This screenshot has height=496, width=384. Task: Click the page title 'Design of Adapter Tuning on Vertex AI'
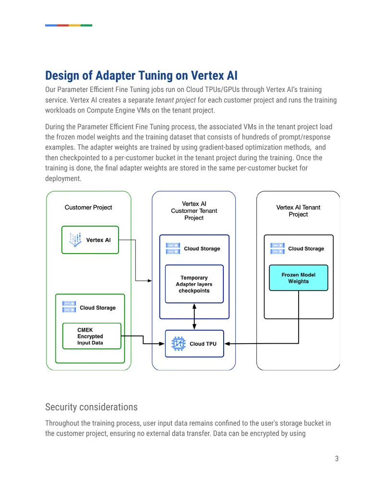[141, 76]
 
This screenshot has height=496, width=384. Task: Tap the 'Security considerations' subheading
[91, 407]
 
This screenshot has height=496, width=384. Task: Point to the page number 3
[337, 458]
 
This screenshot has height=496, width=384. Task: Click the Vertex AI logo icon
[75, 240]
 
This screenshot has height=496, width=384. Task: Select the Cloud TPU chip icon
[179, 344]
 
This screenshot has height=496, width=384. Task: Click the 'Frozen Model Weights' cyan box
[299, 278]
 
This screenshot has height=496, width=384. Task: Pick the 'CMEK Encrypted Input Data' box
[92, 336]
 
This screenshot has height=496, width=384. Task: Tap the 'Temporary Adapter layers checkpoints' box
[194, 284]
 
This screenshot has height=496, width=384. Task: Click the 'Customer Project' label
[88, 207]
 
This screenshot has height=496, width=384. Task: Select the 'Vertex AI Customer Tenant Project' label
[194, 211]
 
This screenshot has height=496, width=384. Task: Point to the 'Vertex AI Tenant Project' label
[298, 211]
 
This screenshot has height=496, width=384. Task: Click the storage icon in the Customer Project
[69, 307]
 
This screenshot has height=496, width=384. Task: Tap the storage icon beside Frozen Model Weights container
[277, 248]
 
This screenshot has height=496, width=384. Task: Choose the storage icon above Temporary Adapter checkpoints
[173, 248]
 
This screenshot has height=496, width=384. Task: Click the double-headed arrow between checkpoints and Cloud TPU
[194, 317]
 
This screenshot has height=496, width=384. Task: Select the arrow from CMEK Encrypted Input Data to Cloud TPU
[143, 340]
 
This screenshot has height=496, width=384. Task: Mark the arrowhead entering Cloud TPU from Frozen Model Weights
[227, 344]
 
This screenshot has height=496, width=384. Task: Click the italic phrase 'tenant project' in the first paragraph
[176, 100]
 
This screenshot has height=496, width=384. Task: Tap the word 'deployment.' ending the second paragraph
[63, 178]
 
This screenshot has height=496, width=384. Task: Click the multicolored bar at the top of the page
[69, 25]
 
